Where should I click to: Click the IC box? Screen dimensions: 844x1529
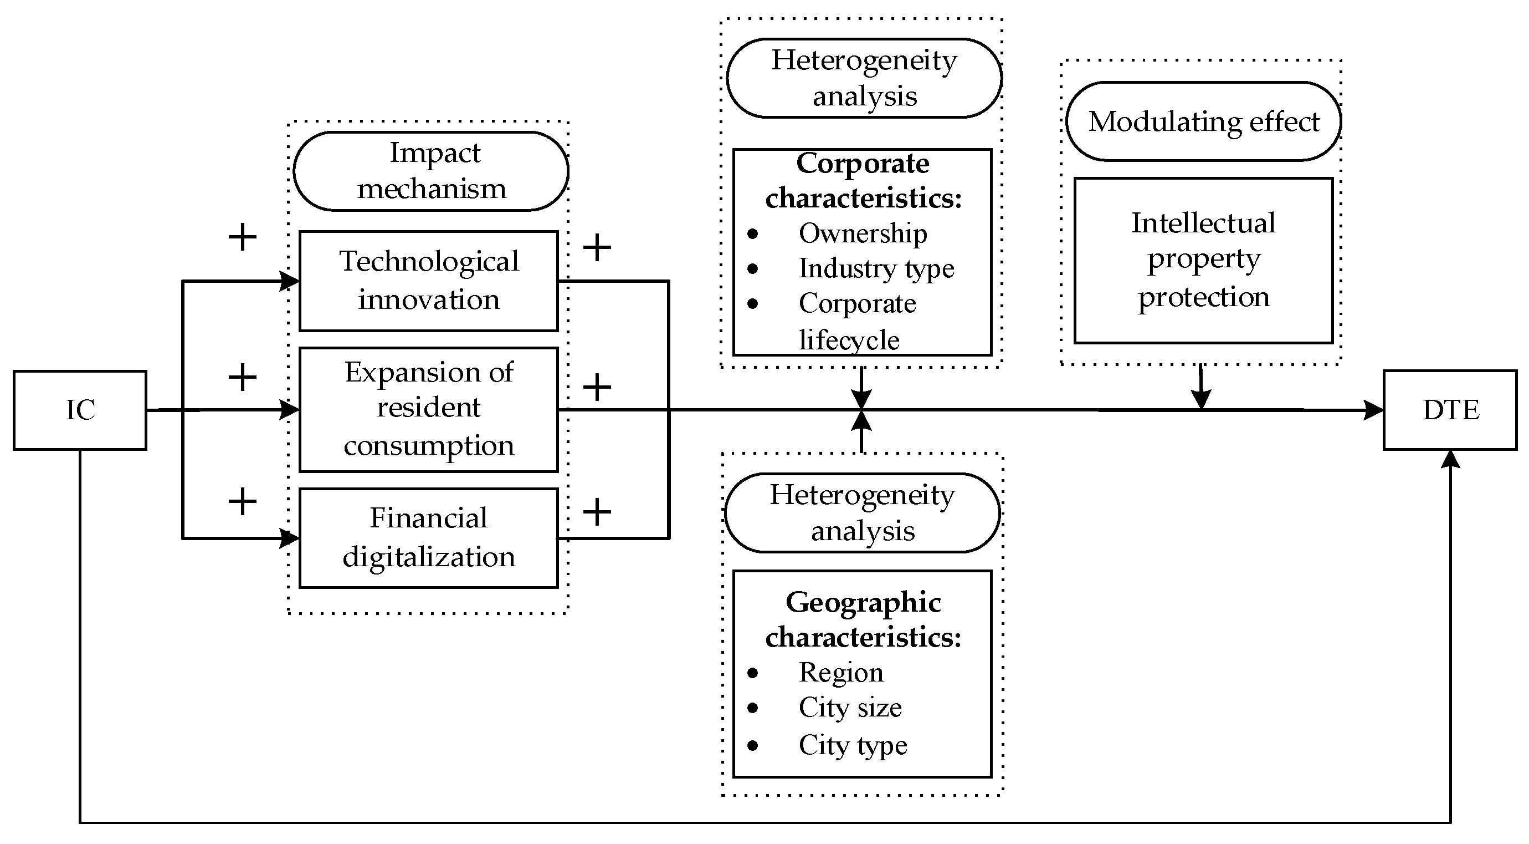coord(80,410)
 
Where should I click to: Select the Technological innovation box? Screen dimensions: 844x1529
coord(429,281)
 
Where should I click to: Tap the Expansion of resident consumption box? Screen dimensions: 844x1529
coord(429,409)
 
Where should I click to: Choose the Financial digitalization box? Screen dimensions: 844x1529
coord(429,537)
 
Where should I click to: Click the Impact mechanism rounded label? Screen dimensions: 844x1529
coord(431,171)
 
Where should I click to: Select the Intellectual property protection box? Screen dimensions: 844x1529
coord(1203,260)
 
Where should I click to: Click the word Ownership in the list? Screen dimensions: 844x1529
coord(863,233)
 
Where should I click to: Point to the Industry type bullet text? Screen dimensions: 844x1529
coord(876,268)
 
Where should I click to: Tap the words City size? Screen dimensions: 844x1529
coord(850,708)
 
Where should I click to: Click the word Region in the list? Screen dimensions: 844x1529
coord(841,672)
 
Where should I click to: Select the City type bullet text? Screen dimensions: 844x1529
coord(853,745)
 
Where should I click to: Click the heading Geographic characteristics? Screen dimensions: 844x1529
coord(863,619)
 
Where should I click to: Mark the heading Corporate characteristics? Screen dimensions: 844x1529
coord(863,181)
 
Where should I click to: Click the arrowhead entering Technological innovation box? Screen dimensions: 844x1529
coord(290,281)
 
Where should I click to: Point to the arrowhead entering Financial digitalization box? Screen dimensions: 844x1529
coord(290,538)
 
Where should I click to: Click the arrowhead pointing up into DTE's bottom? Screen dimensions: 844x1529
coord(1450,459)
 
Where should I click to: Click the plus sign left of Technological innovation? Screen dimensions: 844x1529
coord(242,237)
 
